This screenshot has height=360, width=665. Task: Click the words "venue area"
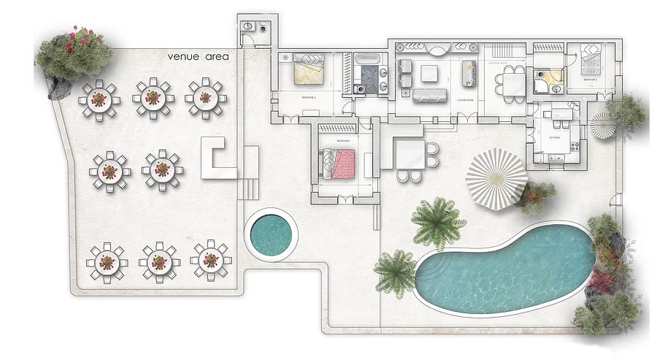[x=198, y=56]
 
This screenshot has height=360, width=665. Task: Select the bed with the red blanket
[x=339, y=163]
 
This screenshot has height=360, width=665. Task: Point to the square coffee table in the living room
[x=428, y=72]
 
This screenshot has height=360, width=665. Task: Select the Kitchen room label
[x=556, y=135]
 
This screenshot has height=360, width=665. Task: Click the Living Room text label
[x=465, y=99]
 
